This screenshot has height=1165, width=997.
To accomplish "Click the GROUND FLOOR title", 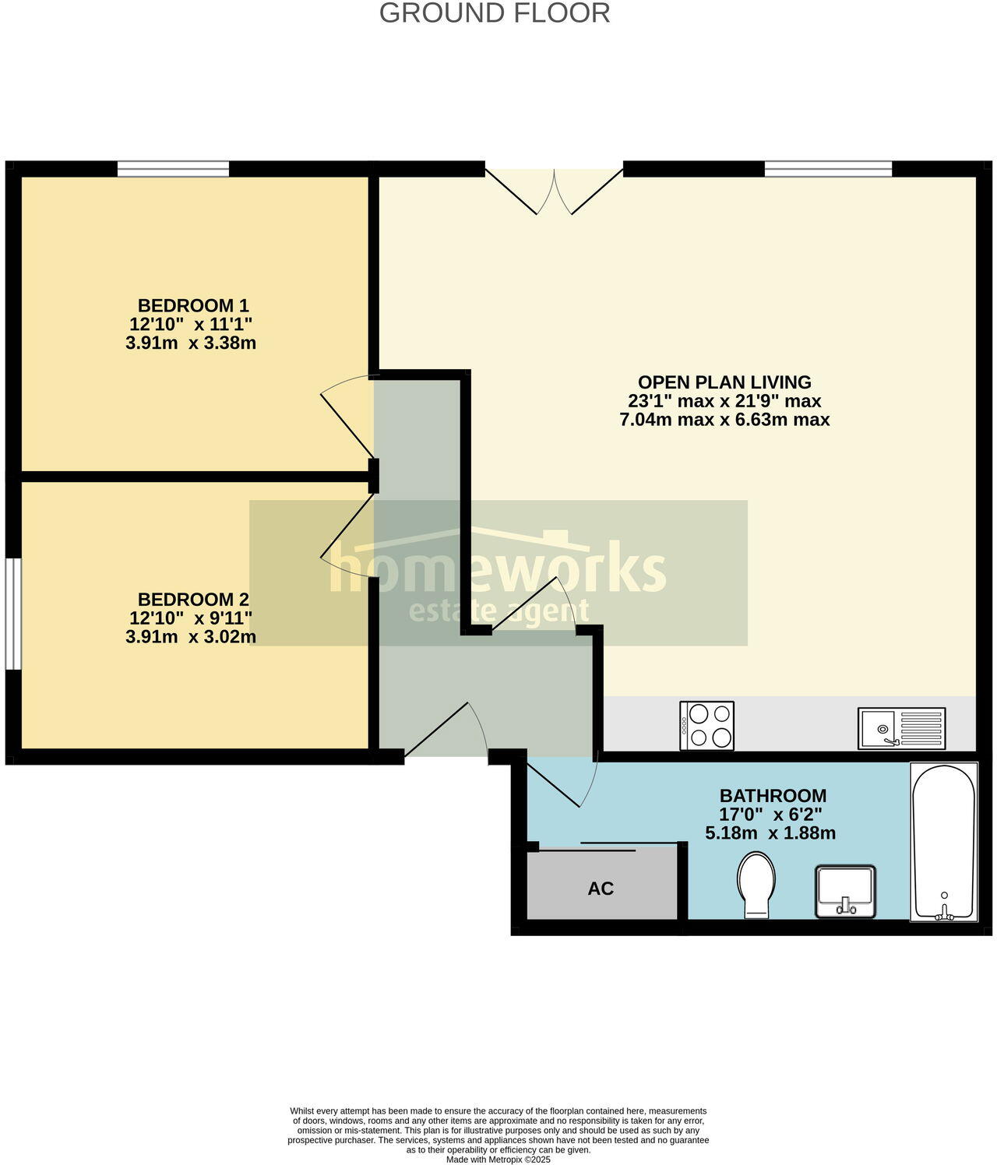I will point(495,13).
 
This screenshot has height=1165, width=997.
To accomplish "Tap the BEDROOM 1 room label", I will point(193,305).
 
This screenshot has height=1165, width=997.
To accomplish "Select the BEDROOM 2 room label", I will point(193,600).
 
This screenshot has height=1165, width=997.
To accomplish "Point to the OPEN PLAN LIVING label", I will point(724,382).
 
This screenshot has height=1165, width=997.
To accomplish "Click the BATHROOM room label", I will point(773,796).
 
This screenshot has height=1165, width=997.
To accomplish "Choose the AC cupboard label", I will point(601,889).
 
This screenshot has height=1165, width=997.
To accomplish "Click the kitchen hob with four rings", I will point(707,726).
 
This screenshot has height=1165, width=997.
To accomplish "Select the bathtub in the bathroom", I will point(943,842).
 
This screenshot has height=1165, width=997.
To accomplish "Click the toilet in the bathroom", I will point(756,885).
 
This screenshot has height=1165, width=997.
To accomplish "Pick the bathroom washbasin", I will point(846,892).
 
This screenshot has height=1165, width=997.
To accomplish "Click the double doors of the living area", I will point(554,189).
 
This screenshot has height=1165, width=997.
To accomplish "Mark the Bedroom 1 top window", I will point(173,169).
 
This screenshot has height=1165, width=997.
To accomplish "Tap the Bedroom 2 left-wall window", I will point(12,613).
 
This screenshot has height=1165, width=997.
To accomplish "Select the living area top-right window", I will point(828,169).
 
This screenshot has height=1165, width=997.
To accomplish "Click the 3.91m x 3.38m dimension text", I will point(191,343).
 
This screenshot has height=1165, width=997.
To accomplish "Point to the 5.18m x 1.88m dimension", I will point(770,833).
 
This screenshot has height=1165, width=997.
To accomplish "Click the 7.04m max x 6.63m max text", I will point(724,420).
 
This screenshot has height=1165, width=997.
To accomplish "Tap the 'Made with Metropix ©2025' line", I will point(498,1160).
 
